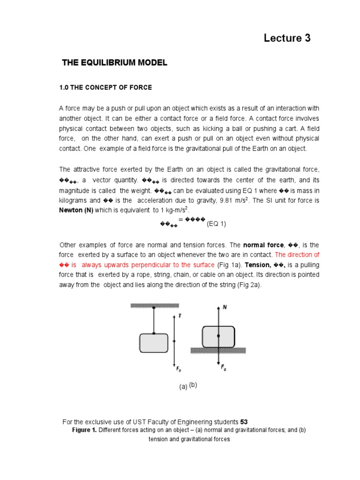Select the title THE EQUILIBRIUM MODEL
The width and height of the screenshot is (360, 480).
click(x=114, y=63)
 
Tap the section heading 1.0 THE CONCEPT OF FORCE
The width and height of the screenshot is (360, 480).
click(x=105, y=88)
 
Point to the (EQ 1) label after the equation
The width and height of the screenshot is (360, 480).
click(x=217, y=224)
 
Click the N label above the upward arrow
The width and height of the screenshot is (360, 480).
click(x=225, y=307)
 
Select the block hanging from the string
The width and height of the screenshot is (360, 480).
click(x=153, y=343)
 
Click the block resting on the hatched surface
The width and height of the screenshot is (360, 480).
click(x=218, y=336)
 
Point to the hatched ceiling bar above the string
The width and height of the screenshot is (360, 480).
click(x=154, y=305)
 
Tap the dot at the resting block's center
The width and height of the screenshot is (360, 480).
click(x=218, y=336)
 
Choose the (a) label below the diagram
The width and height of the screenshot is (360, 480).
click(x=183, y=387)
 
